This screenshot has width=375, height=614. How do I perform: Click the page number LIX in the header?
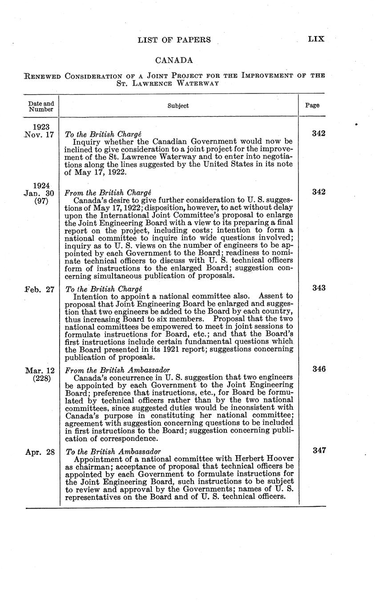[x=316, y=39]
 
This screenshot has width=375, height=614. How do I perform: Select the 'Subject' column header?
[x=178, y=106]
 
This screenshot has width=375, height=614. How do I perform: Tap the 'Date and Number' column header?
[x=41, y=106]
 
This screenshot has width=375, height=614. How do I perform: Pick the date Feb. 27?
[x=40, y=289]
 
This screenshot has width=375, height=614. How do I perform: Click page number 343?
[x=319, y=288]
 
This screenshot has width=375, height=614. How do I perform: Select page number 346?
[x=319, y=369]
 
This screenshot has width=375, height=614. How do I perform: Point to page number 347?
[x=319, y=450]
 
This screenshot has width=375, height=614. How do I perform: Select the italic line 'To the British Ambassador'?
[x=113, y=451]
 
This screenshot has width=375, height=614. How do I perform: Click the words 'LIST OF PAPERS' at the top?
[x=174, y=40]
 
